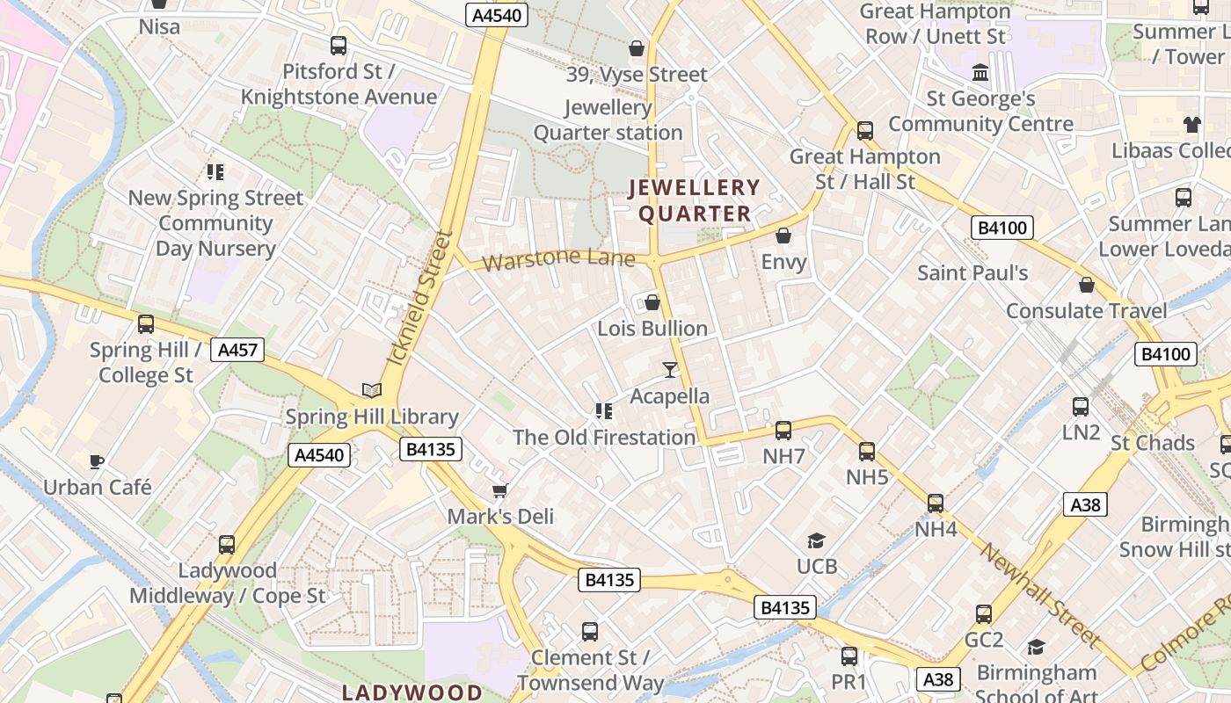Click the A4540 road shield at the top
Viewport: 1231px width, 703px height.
coord(496,15)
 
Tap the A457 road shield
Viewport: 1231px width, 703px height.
coord(237,350)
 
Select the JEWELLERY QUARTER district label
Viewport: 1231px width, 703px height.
coord(695,200)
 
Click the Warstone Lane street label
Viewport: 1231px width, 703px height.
coord(557,259)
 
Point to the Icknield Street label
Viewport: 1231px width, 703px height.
coord(420,299)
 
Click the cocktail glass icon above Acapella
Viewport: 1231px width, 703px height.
coord(670,370)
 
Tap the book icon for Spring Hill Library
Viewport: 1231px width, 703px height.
coord(372,390)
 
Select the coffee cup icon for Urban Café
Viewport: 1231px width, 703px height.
coord(97,460)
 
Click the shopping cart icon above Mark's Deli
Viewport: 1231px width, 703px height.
coord(500,490)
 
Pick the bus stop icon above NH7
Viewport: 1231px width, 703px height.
coord(783,431)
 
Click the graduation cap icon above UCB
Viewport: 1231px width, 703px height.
coord(817,540)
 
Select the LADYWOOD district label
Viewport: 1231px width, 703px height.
coord(412,692)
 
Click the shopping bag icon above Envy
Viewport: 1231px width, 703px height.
coord(783,236)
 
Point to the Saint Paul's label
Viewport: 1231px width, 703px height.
coord(972,272)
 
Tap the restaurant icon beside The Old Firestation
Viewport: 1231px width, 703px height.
coord(604,410)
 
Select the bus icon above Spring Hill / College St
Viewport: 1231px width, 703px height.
coord(146,323)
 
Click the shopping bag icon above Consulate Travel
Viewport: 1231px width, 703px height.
coord(1087,285)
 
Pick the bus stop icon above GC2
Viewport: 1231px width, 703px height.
coord(984,613)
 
